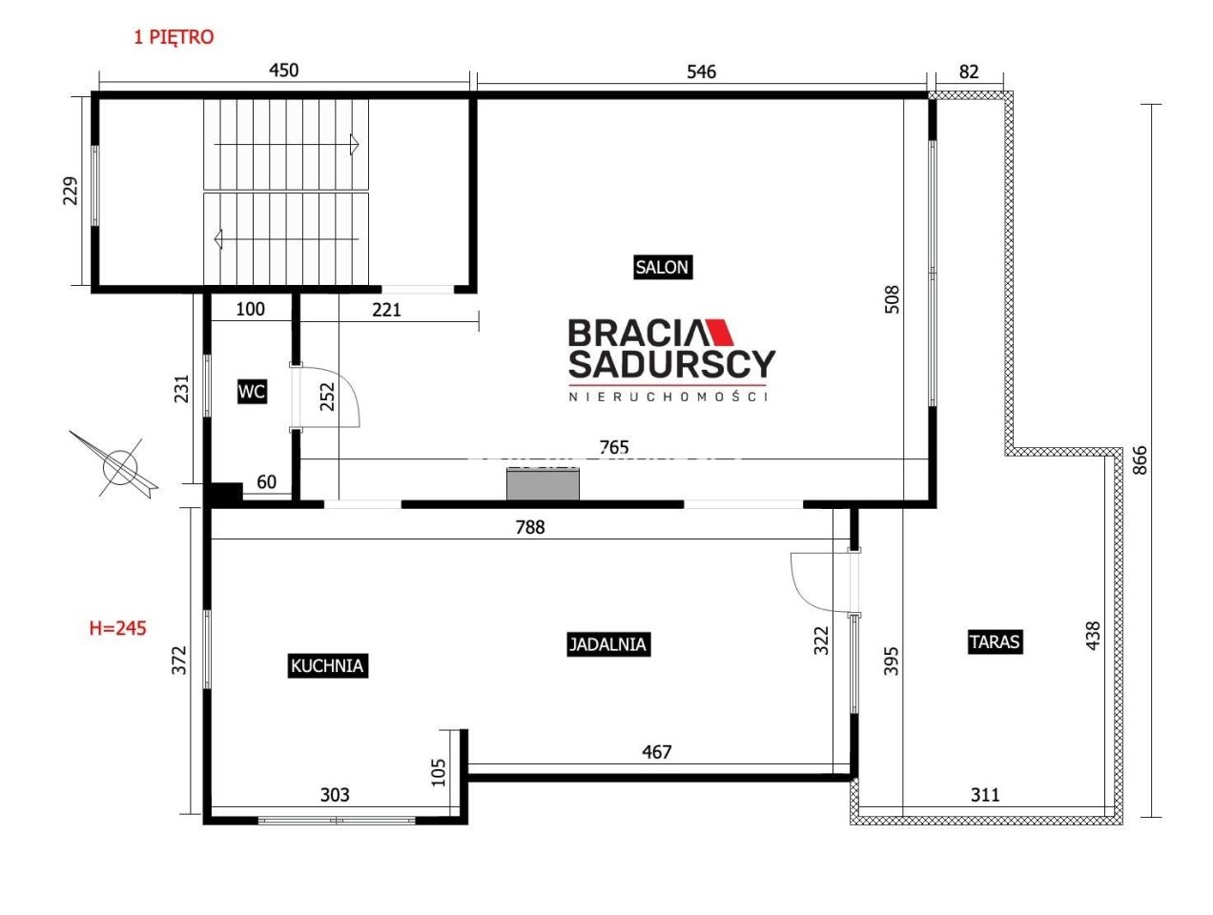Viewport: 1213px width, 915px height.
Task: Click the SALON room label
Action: pyautogui.click(x=662, y=267)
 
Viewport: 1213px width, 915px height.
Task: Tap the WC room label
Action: pyautogui.click(x=252, y=392)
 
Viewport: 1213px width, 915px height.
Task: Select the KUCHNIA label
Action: pyautogui.click(x=327, y=665)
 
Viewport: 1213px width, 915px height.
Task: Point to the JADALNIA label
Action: pyautogui.click(x=607, y=644)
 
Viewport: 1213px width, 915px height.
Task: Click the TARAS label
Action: pyautogui.click(x=995, y=641)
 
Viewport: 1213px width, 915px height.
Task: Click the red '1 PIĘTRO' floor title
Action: pyautogui.click(x=174, y=37)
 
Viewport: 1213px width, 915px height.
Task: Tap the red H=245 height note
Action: pyautogui.click(x=117, y=628)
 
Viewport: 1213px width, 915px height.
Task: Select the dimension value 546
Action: pyautogui.click(x=701, y=71)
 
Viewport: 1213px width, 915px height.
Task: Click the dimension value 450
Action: pyautogui.click(x=283, y=71)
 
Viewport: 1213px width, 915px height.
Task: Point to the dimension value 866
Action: pyautogui.click(x=1140, y=460)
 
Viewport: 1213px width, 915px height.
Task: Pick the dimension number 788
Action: pyautogui.click(x=530, y=527)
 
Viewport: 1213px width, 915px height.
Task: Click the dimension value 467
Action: pyautogui.click(x=656, y=752)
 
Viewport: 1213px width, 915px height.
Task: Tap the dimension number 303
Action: pyautogui.click(x=335, y=795)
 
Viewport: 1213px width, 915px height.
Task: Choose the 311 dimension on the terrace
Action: pyautogui.click(x=985, y=795)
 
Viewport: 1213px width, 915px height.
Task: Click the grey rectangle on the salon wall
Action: pyautogui.click(x=543, y=484)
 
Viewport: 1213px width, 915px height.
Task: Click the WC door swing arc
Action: pyautogui.click(x=349, y=387)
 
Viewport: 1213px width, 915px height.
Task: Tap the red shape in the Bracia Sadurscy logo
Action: pyautogui.click(x=720, y=332)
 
